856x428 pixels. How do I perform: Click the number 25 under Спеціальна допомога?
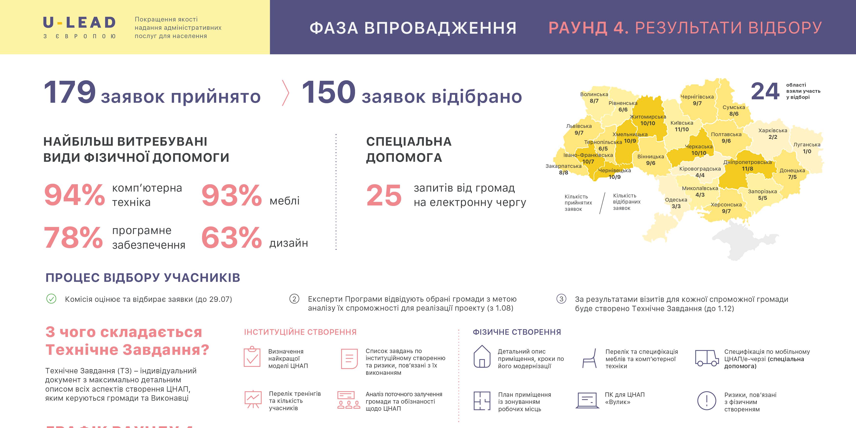[x=384, y=195]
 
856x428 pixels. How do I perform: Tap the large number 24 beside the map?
[x=765, y=91]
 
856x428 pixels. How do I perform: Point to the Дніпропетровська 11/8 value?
[x=747, y=169]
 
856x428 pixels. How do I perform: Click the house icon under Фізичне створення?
[x=482, y=357]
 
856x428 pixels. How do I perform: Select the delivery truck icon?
[x=706, y=358]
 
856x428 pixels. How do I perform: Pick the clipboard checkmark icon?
[x=252, y=357]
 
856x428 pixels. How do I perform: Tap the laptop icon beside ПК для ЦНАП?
[x=587, y=400]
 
